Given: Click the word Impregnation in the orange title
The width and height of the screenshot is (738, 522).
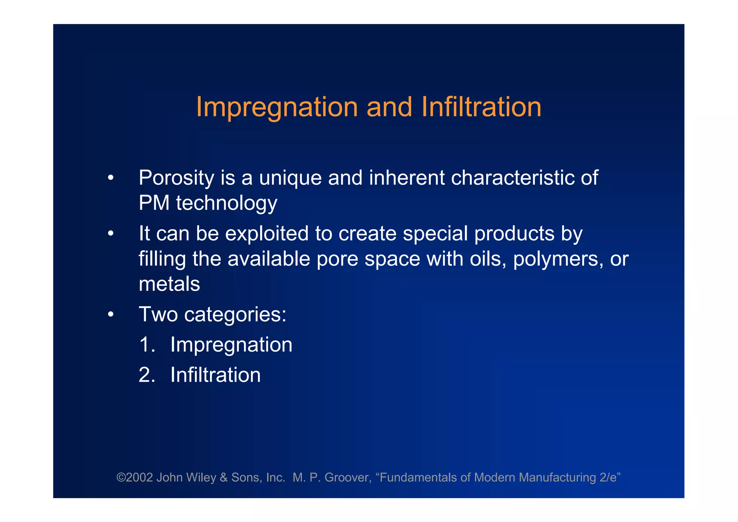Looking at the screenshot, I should [x=277, y=108].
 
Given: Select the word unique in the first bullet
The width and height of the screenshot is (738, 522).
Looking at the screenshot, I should [x=290, y=178].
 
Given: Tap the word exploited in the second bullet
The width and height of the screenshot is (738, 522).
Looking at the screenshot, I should [x=267, y=234].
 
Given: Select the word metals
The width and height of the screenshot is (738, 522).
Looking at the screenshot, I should [x=169, y=284].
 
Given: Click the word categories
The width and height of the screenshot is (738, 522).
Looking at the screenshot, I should [x=235, y=315].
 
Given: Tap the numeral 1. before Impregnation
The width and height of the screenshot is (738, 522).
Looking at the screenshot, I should [x=147, y=345].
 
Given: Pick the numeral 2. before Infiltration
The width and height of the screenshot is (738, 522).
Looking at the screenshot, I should [x=147, y=375].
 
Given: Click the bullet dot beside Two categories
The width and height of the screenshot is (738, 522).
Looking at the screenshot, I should [x=111, y=315].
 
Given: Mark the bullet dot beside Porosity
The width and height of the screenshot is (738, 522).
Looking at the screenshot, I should [x=111, y=178].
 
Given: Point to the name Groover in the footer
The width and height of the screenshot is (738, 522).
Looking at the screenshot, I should [x=347, y=477].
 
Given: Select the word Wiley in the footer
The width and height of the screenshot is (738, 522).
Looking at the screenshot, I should [x=201, y=477].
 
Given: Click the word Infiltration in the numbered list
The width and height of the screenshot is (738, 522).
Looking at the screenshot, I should [x=215, y=375].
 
